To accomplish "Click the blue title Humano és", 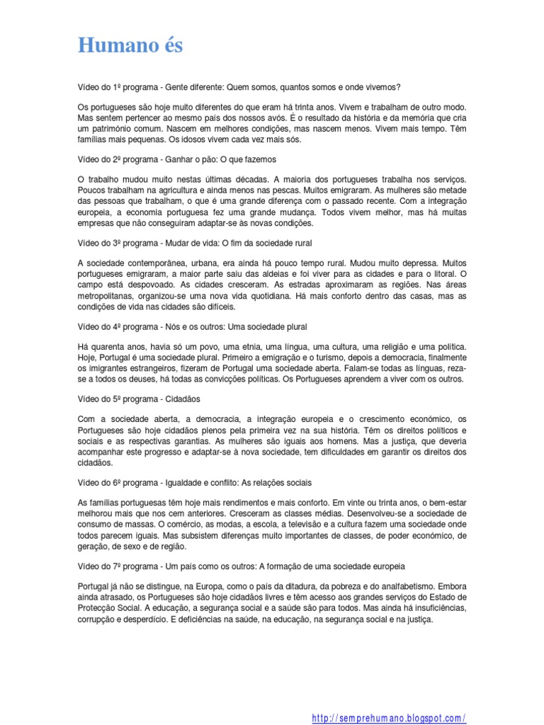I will tap(130, 46).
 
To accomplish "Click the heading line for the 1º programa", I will tap(239, 87).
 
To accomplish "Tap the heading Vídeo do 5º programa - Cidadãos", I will tap(139, 399).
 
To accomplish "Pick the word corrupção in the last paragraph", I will tap(98, 619).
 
